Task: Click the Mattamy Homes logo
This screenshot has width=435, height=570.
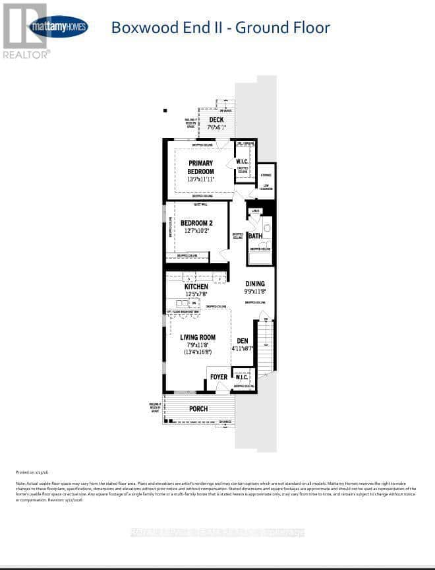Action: [58, 26]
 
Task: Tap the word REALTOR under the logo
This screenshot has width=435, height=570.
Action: [26, 55]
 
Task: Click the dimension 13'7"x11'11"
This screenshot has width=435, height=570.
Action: [201, 180]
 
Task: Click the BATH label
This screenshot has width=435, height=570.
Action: [255, 236]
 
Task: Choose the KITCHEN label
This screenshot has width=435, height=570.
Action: [196, 287]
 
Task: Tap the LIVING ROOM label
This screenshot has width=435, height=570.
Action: [198, 337]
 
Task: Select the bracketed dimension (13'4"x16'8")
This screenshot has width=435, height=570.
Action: [198, 353]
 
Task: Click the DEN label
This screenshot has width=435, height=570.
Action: [243, 340]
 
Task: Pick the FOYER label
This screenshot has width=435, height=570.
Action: [218, 377]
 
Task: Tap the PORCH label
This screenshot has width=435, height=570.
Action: [198, 408]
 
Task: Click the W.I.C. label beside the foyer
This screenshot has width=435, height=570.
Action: [241, 378]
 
